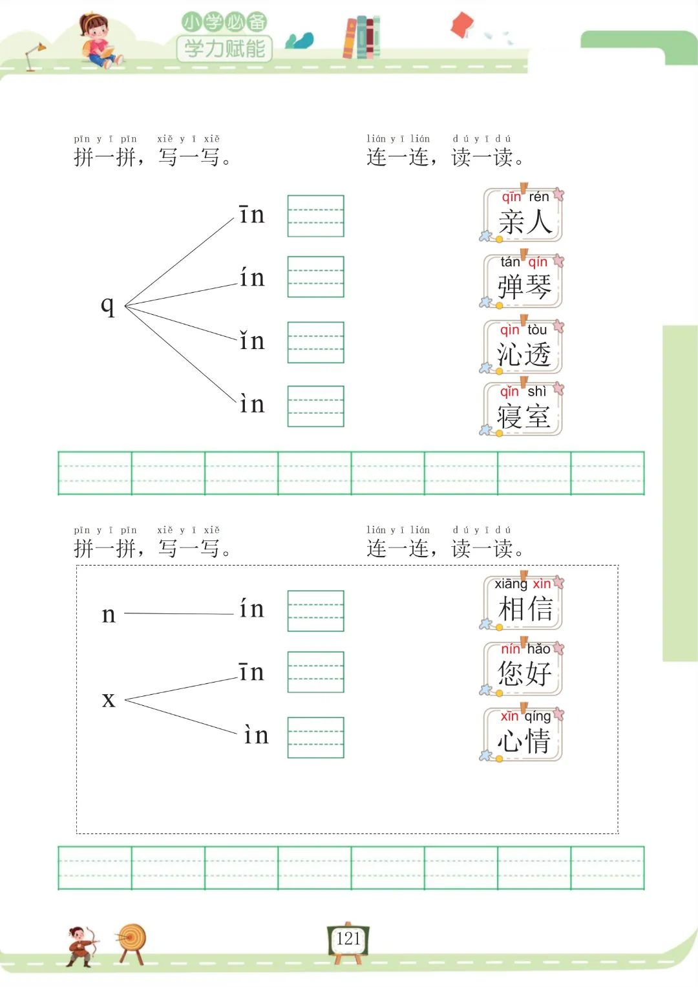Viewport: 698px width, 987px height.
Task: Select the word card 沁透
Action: [x=523, y=348]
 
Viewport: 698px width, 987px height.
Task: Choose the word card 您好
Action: [x=523, y=668]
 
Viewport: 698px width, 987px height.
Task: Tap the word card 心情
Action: [x=523, y=735]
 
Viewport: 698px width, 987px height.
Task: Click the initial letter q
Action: [x=108, y=305]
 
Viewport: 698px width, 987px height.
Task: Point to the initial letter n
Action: [x=109, y=614]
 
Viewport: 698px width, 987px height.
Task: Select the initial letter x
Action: [x=109, y=699]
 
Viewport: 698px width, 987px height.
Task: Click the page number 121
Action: [x=348, y=939]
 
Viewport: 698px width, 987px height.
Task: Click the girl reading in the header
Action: [x=98, y=41]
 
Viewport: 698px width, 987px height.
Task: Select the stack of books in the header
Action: [x=361, y=37]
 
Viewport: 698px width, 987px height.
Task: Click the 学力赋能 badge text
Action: [x=224, y=48]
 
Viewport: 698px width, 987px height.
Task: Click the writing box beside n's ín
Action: [x=315, y=611]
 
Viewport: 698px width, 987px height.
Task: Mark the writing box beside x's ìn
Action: [x=315, y=738]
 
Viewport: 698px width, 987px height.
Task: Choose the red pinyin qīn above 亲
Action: [x=511, y=196]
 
